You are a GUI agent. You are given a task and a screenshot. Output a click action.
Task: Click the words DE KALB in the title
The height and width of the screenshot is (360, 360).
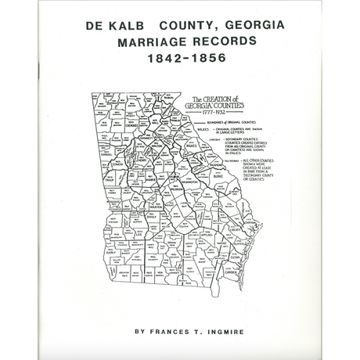pyautogui.click(x=117, y=25)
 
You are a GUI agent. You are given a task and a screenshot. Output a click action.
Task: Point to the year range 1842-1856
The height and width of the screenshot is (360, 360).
pyautogui.click(x=179, y=57)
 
